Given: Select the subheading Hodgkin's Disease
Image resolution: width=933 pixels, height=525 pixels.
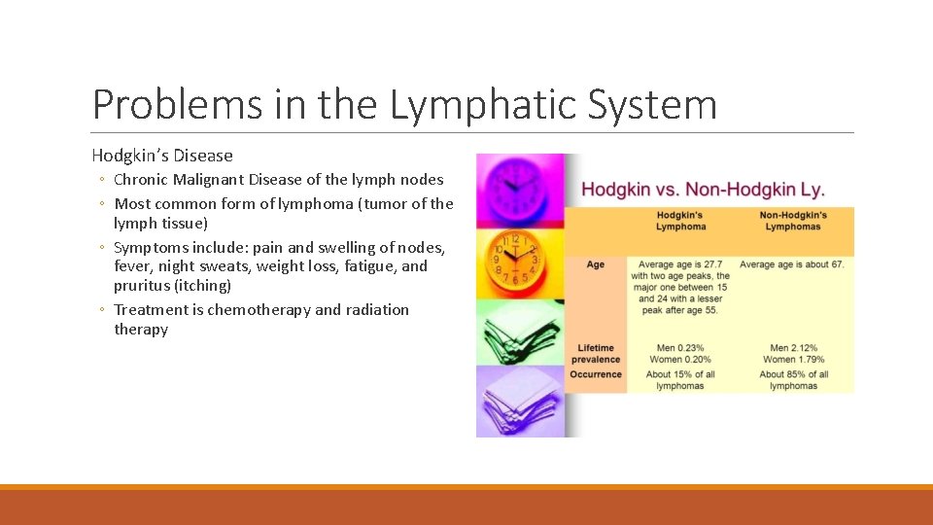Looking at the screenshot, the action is [x=162, y=156].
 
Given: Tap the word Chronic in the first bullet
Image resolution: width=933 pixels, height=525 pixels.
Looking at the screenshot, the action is [x=145, y=180].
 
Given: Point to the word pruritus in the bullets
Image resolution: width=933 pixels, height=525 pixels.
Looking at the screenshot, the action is [x=144, y=286].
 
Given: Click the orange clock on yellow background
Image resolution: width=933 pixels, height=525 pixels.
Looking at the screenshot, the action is [x=516, y=262].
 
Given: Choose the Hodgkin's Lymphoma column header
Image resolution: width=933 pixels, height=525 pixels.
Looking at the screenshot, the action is [x=680, y=221].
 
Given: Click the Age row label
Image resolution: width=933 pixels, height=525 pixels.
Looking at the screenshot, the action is [x=595, y=264].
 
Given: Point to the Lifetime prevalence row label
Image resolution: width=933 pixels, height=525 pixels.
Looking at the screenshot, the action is [x=596, y=354].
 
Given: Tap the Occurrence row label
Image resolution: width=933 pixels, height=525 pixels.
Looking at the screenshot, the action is [x=596, y=374].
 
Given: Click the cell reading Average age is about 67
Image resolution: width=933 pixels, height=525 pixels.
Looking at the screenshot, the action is [x=791, y=264].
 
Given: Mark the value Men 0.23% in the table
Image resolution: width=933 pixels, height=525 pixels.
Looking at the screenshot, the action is [x=680, y=348].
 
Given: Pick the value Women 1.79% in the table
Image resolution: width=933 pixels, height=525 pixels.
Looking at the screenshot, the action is [x=793, y=361].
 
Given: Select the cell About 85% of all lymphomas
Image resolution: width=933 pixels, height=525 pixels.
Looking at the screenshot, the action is [x=793, y=380].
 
